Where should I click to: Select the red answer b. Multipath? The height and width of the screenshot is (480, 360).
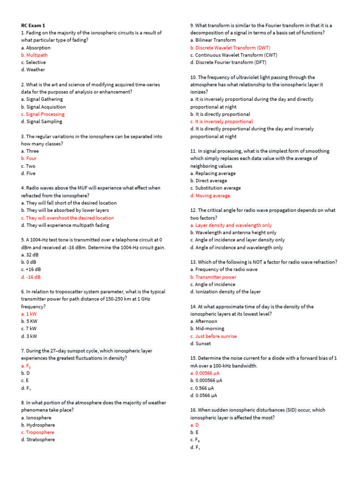pyautogui.click(x=34, y=55)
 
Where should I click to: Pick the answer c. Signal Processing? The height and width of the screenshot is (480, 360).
pyautogui.click(x=43, y=114)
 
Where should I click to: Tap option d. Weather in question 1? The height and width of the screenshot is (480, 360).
pyautogui.click(x=33, y=70)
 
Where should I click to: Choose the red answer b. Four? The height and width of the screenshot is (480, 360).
pyautogui.click(x=29, y=158)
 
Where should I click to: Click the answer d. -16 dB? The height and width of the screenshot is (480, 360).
pyautogui.click(x=31, y=277)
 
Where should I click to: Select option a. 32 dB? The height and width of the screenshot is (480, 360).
pyautogui.click(x=30, y=255)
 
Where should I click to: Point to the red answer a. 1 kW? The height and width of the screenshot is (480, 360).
pyautogui.click(x=29, y=314)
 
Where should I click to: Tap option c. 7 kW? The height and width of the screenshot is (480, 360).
pyautogui.click(x=29, y=329)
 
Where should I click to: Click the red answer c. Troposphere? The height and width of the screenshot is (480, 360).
pyautogui.click(x=37, y=432)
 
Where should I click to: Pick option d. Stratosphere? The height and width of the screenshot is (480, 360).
pyautogui.click(x=38, y=440)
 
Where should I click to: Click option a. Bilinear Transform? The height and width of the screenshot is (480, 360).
pyautogui.click(x=213, y=40)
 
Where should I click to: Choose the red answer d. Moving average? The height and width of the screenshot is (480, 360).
pyautogui.click(x=210, y=195)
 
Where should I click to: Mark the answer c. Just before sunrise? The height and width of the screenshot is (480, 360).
pyautogui.click(x=213, y=336)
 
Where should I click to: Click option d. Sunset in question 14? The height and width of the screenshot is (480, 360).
pyautogui.click(x=201, y=344)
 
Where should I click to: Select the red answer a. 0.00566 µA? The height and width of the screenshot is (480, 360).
pyautogui.click(x=205, y=373)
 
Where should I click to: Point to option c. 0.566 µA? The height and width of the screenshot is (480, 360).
pyautogui.click(x=202, y=388)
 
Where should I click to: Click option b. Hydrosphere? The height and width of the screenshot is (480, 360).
pyautogui.click(x=38, y=425)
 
